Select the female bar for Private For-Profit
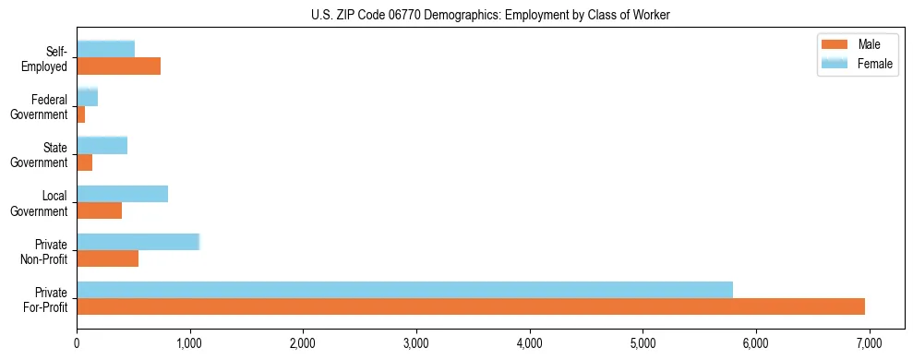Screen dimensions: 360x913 point(404,290)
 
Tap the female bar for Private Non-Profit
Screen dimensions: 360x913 point(138,242)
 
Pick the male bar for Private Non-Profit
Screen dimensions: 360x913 point(107,258)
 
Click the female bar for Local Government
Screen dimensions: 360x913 point(122,194)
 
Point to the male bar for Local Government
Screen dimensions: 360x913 point(99,210)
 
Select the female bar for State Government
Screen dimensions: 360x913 point(102,145)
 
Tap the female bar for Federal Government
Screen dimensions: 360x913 point(87,97)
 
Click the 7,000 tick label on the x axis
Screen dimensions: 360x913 point(870,343)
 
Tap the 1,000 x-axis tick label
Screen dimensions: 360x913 point(190,343)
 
